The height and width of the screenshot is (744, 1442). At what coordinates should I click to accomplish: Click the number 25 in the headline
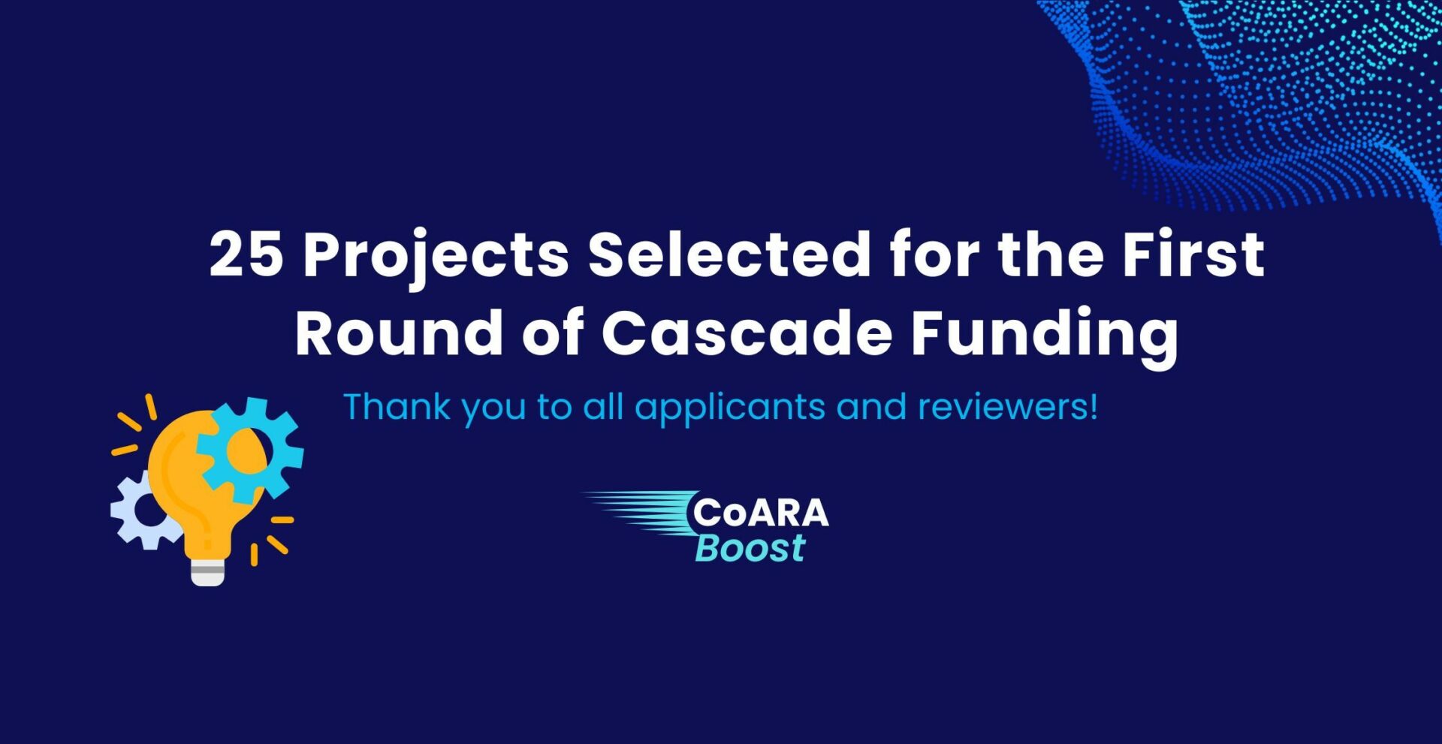[x=246, y=254]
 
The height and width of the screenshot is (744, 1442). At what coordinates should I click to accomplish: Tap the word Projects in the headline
[x=436, y=259]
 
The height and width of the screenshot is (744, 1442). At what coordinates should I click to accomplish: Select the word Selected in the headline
[x=729, y=253]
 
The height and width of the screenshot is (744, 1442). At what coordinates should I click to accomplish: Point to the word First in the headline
[x=1193, y=253]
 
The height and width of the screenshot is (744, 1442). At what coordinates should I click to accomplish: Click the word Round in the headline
[x=399, y=332]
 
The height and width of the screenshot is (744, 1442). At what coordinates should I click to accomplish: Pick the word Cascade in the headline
[x=747, y=332]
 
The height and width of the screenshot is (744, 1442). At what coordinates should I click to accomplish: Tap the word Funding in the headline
[x=1045, y=337]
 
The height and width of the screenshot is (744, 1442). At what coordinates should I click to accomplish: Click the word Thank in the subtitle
[x=397, y=406]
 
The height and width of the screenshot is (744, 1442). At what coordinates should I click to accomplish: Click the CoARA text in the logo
[x=760, y=513]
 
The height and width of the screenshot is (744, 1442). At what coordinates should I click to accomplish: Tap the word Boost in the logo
[x=750, y=547]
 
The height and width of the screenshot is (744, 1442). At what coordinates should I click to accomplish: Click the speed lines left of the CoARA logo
[x=642, y=514]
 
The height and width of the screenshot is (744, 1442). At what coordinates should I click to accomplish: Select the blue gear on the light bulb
[x=251, y=450]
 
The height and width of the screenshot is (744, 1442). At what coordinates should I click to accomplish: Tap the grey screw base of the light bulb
[x=207, y=571]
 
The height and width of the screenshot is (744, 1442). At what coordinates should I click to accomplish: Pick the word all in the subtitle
[x=603, y=406]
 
